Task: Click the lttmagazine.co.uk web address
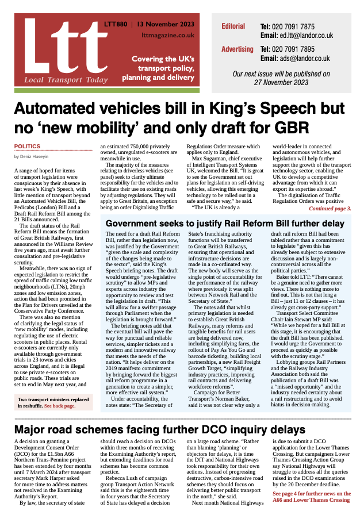(168, 36)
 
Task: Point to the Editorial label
(233, 26)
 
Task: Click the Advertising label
(237, 49)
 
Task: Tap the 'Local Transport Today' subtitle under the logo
(59, 79)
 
